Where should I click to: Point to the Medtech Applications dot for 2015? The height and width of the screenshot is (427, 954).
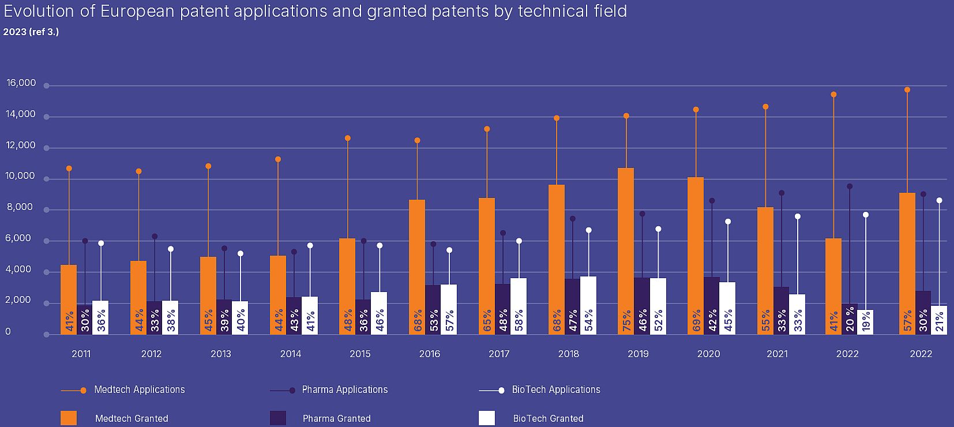click(x=348, y=138)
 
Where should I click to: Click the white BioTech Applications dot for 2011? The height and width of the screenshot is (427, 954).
click(x=101, y=244)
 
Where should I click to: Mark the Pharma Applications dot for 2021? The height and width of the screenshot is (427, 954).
click(x=781, y=193)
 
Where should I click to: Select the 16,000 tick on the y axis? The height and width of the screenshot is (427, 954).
click(x=21, y=83)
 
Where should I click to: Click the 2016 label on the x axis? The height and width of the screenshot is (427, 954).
click(x=430, y=354)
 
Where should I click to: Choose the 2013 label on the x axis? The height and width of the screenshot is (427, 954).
click(x=221, y=354)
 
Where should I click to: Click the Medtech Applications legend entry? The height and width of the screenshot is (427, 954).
click(x=139, y=389)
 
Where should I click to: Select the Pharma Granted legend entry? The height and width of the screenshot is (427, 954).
click(x=336, y=418)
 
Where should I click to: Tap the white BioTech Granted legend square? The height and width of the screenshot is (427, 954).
click(x=487, y=418)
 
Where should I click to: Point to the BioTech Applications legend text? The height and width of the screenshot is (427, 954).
click(x=556, y=389)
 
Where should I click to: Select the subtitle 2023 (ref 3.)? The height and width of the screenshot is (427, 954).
click(x=31, y=32)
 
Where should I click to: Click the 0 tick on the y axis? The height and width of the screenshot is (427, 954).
click(x=8, y=332)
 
